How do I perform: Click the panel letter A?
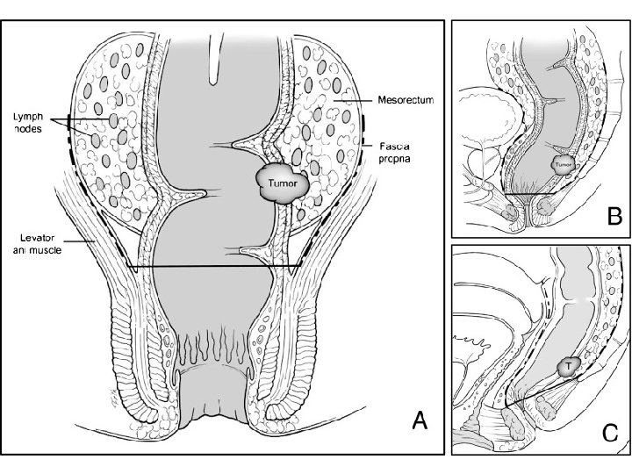click(420, 422)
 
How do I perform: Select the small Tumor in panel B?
click(563, 163)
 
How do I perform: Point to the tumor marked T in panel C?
click(568, 364)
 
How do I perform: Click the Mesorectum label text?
click(406, 100)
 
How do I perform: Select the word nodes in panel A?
click(30, 128)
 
